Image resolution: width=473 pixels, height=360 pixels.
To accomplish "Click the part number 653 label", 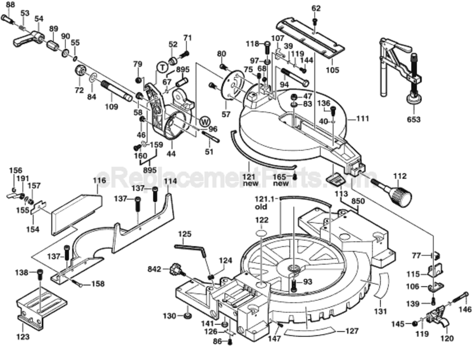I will (x=414, y=120).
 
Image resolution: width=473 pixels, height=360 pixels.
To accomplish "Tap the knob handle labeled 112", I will (x=398, y=195).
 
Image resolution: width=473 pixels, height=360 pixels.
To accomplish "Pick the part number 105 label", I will (x=332, y=71).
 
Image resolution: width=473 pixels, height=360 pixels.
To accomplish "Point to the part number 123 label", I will (x=23, y=337).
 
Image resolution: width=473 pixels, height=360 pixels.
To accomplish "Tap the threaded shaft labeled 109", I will (x=116, y=91).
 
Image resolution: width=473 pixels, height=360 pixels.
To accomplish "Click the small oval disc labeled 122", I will (x=262, y=233).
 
